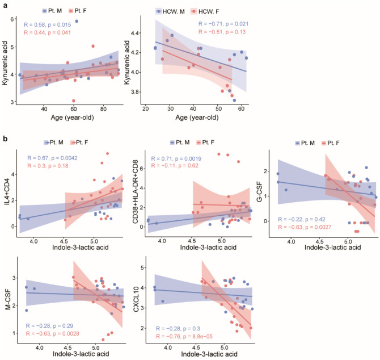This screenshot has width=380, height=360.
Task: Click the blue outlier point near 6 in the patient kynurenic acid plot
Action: [77, 22]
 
